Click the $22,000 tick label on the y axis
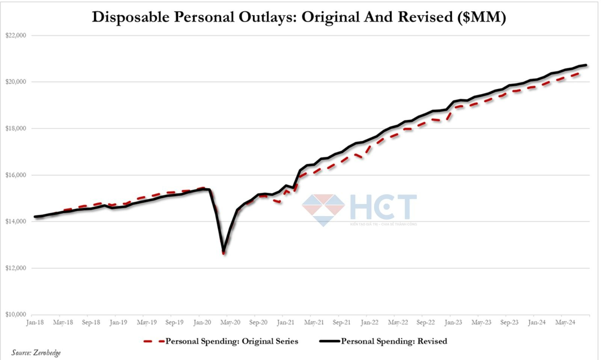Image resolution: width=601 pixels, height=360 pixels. (15, 35)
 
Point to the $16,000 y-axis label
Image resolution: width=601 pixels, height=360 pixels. (15, 175)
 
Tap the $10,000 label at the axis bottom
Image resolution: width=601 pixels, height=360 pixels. (15, 315)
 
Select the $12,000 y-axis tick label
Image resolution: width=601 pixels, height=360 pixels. (15, 268)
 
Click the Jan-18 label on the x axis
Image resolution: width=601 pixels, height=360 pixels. (35, 322)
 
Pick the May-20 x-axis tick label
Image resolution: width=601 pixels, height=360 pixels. (230, 322)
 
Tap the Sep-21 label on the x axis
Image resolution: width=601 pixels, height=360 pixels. (341, 322)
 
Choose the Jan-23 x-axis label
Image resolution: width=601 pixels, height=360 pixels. (453, 322)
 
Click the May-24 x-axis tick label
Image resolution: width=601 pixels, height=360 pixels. (565, 322)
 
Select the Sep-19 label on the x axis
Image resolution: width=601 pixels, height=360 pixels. (174, 322)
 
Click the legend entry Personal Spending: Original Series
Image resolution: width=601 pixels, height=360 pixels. (231, 341)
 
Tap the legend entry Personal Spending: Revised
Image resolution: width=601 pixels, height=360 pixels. (394, 341)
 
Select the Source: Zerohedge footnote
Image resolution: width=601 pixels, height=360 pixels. (36, 352)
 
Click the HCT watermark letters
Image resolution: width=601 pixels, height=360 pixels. (383, 207)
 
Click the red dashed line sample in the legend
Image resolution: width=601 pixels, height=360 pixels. (153, 341)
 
